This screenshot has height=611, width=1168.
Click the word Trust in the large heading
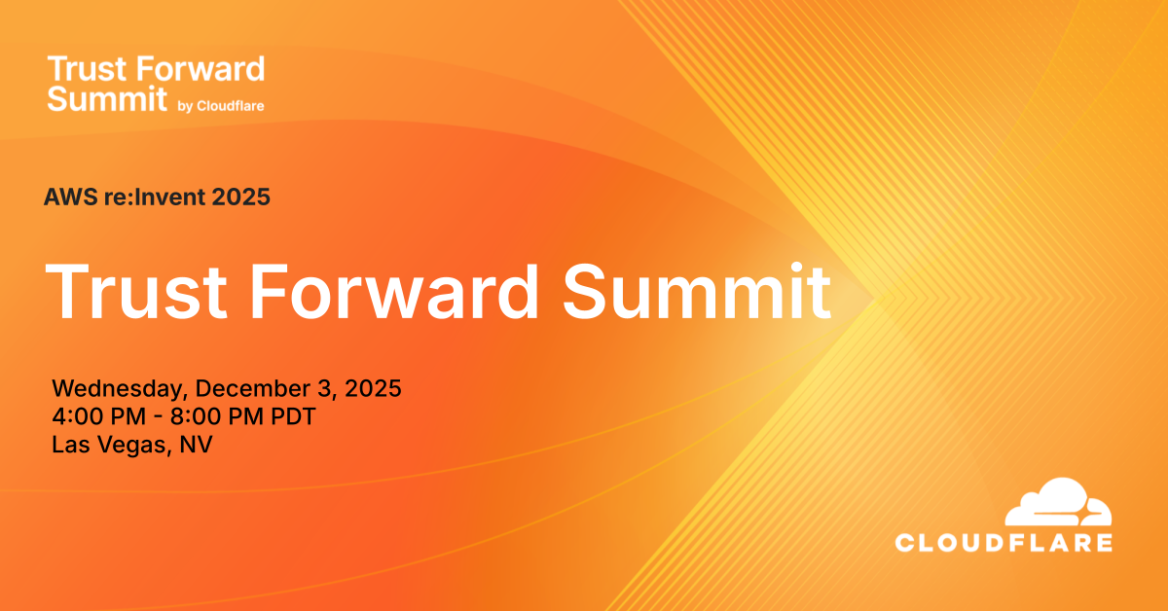[136, 292]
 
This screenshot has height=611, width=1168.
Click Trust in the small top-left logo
[88, 69]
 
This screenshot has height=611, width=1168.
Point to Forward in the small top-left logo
[201, 69]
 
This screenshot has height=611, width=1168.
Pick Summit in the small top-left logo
[107, 99]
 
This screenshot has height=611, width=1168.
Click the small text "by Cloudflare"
[221, 106]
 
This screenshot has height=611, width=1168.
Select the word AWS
[71, 198]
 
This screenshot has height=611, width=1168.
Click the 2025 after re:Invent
[241, 198]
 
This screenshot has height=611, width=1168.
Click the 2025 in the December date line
[373, 388]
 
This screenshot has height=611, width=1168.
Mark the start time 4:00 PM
[98, 416]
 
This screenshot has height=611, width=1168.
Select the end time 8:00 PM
[217, 416]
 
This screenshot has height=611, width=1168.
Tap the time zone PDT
[293, 416]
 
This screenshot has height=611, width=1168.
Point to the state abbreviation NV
[196, 445]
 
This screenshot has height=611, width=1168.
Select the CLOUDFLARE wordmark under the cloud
[1004, 543]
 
